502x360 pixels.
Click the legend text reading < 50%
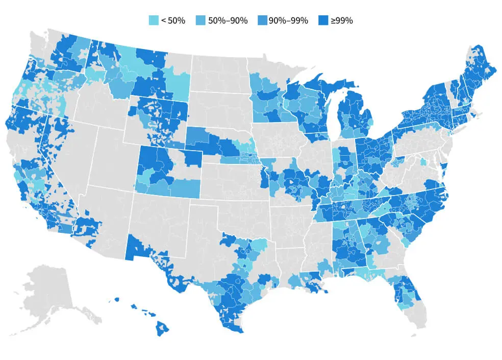click(173, 20)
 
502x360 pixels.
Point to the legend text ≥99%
click(341, 20)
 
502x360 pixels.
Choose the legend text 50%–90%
click(228, 20)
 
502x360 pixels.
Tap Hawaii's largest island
click(162, 328)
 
